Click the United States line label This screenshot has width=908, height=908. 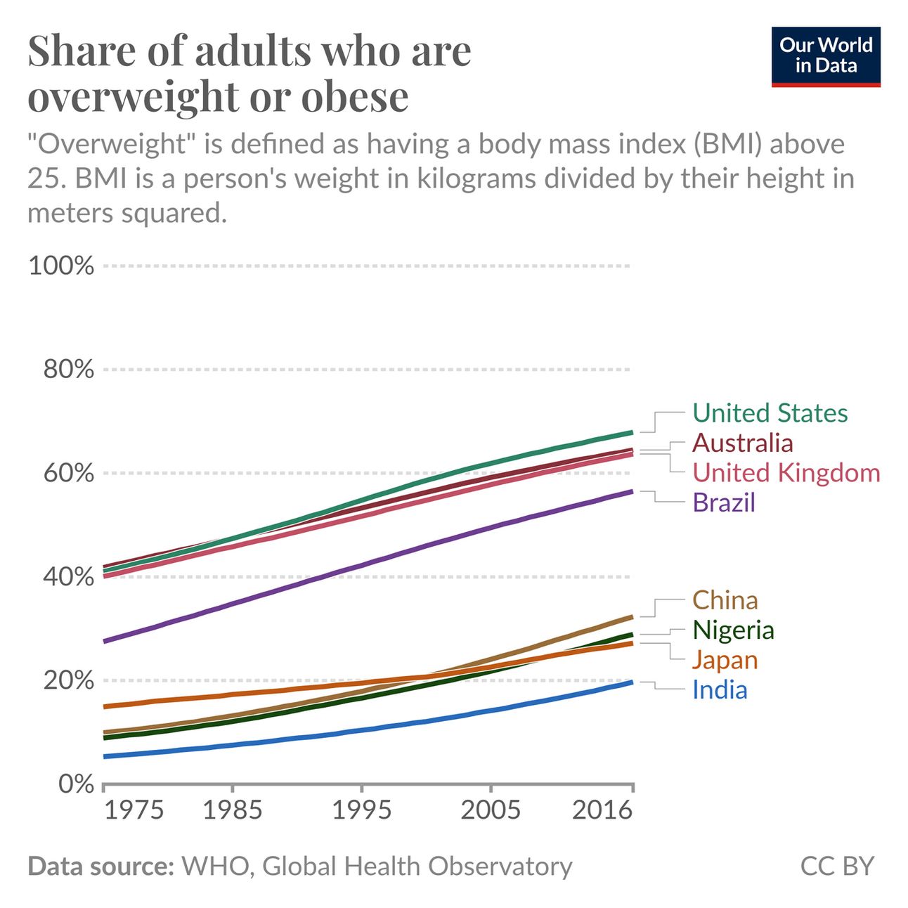click(x=770, y=413)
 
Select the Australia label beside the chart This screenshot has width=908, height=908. click(x=742, y=443)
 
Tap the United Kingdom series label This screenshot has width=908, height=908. click(x=786, y=473)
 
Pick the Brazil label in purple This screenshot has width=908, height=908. click(x=723, y=502)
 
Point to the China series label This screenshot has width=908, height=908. click(x=725, y=600)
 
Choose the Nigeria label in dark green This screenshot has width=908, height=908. click(x=732, y=630)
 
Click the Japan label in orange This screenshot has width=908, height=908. click(x=725, y=660)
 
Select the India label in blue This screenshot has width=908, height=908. click(x=719, y=689)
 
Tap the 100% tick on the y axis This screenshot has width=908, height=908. click(x=61, y=266)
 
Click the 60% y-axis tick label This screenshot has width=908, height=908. click(x=68, y=473)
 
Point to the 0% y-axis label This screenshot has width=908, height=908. click(x=76, y=784)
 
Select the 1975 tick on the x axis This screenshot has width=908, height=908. click(x=134, y=810)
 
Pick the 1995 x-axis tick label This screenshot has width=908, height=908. click(x=361, y=810)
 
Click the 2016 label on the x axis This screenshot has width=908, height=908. click(x=602, y=810)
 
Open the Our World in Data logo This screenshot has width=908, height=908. click(x=825, y=57)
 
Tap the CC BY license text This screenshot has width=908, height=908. click(x=836, y=866)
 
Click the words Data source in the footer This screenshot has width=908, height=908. click(x=100, y=866)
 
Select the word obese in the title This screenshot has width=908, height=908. click(x=355, y=97)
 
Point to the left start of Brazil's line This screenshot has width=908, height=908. click(x=105, y=641)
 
